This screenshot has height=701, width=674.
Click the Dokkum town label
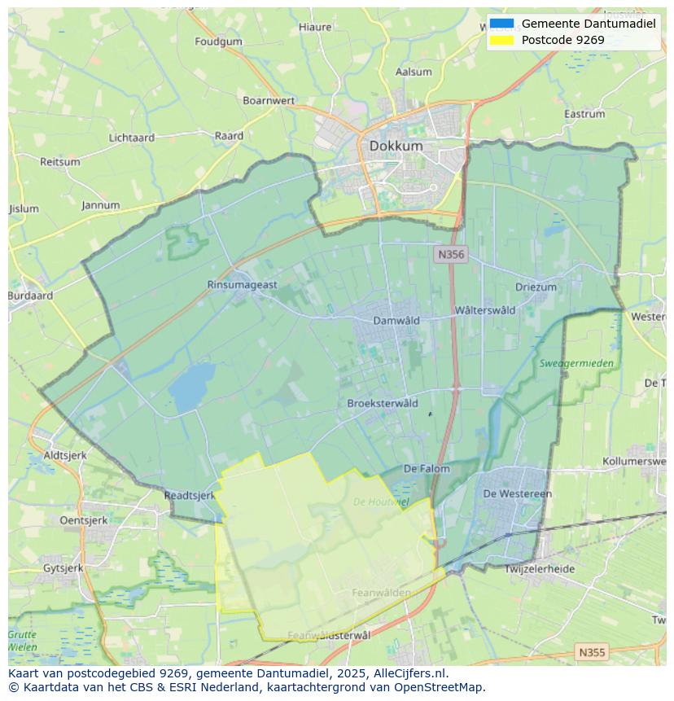(396, 146)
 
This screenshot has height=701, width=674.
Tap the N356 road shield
(450, 254)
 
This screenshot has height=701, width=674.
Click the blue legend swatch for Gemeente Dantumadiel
(502, 24)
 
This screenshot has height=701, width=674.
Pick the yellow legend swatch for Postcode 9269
(502, 40)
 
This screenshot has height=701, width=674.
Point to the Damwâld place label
(396, 320)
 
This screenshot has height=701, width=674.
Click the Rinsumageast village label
(242, 284)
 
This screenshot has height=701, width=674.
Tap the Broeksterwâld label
(382, 403)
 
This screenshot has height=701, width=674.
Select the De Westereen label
(517, 493)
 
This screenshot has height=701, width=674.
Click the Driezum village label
(536, 287)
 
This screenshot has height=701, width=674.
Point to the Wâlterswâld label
(485, 310)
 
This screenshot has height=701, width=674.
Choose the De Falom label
(427, 468)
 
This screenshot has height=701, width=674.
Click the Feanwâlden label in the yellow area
(381, 593)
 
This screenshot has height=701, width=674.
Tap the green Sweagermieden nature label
(576, 363)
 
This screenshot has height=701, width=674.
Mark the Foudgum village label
(218, 41)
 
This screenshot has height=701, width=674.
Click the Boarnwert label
(269, 100)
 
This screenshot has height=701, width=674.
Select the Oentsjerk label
(84, 519)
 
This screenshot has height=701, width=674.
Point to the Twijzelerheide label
(539, 569)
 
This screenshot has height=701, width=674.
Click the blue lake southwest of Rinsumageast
(192, 387)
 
